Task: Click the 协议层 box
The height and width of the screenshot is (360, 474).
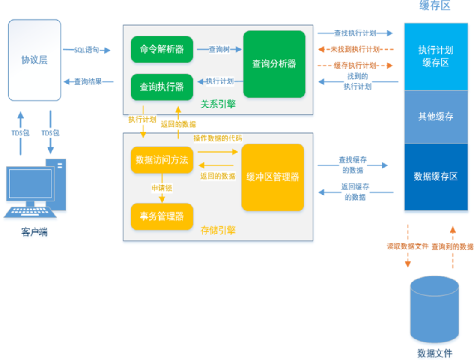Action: coord(34,60)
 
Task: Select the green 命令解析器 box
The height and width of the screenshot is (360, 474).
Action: coord(162,50)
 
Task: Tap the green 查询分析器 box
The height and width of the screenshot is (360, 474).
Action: coord(274,64)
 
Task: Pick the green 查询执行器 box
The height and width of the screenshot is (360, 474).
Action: coord(162,87)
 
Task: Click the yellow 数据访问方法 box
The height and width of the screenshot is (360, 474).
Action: coord(162,160)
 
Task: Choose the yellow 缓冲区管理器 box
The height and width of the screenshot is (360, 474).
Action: coord(273,177)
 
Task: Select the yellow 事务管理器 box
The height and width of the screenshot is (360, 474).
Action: coord(162,216)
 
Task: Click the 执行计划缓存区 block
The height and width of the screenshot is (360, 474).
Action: coord(436,57)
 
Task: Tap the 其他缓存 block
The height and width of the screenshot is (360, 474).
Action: coord(436,117)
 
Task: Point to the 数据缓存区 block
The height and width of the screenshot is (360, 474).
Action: coord(436,177)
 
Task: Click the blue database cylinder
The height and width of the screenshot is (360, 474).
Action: coord(435,309)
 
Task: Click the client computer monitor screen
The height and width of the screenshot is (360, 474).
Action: coord(30,183)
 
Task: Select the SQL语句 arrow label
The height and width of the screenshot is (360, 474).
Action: coord(87,50)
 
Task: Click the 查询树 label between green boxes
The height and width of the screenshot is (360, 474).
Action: coord(219,50)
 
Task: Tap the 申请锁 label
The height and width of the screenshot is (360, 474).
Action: coord(162,188)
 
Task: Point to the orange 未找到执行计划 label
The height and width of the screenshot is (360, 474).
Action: coord(355,49)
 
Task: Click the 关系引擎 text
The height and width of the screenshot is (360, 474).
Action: coord(218,104)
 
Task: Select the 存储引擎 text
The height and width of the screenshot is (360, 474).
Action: coord(218,231)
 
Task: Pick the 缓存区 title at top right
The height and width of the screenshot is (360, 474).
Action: coord(435,6)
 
